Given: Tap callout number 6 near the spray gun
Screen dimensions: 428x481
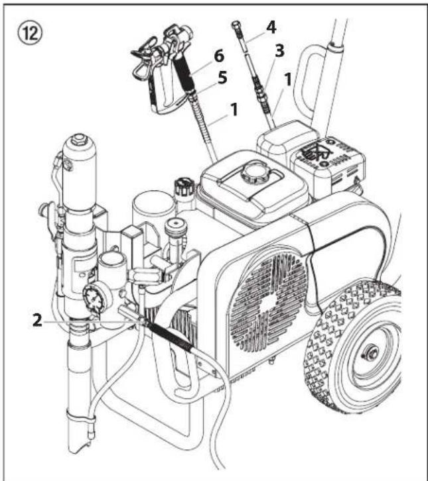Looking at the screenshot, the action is coord(218,56).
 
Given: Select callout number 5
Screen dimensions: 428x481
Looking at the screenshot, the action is coord(222,78).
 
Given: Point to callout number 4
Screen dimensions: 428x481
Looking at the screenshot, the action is coord(271,27).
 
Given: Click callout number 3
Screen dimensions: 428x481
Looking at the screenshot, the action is coord(279,50).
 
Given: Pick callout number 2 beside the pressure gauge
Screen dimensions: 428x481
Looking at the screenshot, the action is coord(37,320).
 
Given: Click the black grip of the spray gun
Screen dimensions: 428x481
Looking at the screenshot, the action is coord(183,74).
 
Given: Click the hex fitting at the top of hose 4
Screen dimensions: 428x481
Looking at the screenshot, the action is coord(236,25).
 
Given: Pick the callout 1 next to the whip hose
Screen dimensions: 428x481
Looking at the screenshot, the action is coord(234,109).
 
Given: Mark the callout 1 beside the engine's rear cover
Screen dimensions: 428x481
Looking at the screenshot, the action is coord(287,80).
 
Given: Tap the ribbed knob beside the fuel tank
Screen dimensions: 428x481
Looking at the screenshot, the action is coord(184,187).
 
